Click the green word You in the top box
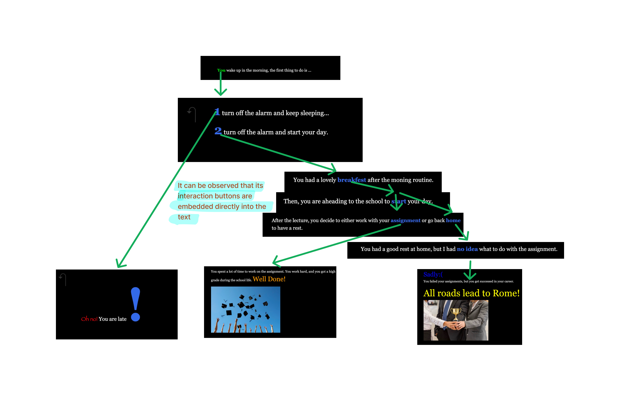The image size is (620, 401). pyautogui.click(x=221, y=70)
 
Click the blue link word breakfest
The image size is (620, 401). pyautogui.click(x=351, y=180)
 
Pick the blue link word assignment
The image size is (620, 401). pyautogui.click(x=405, y=220)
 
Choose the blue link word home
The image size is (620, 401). pyautogui.click(x=453, y=220)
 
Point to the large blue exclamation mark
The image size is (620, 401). pyautogui.click(x=135, y=304)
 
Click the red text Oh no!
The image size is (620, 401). pyautogui.click(x=89, y=319)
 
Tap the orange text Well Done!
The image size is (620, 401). pyautogui.click(x=269, y=279)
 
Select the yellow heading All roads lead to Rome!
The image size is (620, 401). pyautogui.click(x=471, y=293)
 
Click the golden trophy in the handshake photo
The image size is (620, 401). pyautogui.click(x=456, y=314)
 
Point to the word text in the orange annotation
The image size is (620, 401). pyautogui.click(x=184, y=217)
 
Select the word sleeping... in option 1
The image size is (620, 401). pyautogui.click(x=315, y=113)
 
